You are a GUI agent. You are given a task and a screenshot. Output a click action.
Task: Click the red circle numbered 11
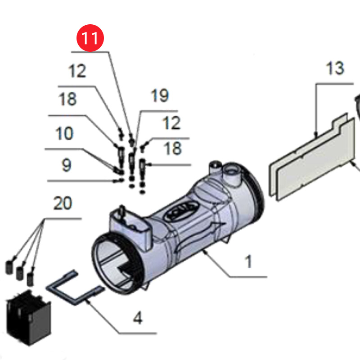(91, 39)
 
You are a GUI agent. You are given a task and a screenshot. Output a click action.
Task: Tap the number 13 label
(335, 68)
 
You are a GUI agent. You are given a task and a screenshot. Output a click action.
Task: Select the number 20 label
(63, 203)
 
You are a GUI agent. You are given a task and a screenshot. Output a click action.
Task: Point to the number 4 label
(138, 319)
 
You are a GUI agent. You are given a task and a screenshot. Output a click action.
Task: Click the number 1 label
(248, 261)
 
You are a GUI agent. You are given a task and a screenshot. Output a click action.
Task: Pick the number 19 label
(159, 96)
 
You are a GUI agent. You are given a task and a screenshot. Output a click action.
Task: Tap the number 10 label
(65, 134)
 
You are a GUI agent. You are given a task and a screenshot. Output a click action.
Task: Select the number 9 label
(66, 165)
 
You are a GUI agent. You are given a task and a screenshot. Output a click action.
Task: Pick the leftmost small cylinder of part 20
(9, 267)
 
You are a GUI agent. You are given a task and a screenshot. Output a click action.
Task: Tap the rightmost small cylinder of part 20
(30, 278)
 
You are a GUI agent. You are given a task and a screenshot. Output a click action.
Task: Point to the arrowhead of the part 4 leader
(88, 300)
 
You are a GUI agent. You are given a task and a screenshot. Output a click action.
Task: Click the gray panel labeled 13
(310, 157)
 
